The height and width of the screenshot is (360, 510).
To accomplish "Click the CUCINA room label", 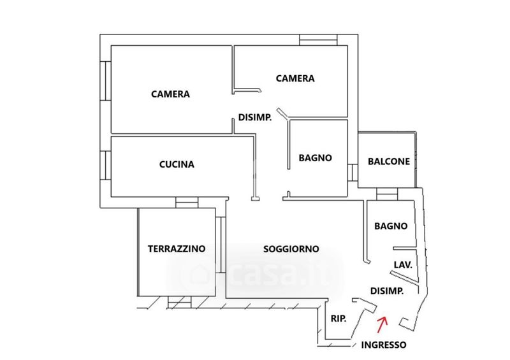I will (177, 164).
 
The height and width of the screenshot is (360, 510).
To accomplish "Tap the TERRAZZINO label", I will (177, 248).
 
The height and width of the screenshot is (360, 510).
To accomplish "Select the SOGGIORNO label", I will (291, 249).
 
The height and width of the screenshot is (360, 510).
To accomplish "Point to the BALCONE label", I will (389, 162).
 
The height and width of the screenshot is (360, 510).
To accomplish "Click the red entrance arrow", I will (382, 324).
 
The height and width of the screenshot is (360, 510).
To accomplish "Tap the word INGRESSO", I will (383, 345).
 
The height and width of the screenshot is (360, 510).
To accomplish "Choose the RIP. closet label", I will (338, 319).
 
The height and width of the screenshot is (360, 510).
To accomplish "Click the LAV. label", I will (403, 264).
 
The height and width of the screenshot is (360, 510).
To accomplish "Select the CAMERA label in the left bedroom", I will (170, 94).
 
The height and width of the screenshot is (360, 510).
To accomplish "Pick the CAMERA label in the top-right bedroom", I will (295, 78).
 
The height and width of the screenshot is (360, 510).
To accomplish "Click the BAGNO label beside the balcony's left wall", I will (316, 158).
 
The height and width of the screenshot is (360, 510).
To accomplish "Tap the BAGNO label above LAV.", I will (391, 226).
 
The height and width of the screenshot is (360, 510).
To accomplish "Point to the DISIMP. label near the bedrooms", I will (256, 117).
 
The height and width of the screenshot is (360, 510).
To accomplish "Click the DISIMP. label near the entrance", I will (387, 291).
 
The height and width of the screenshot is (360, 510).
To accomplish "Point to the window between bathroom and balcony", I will (352, 172).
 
